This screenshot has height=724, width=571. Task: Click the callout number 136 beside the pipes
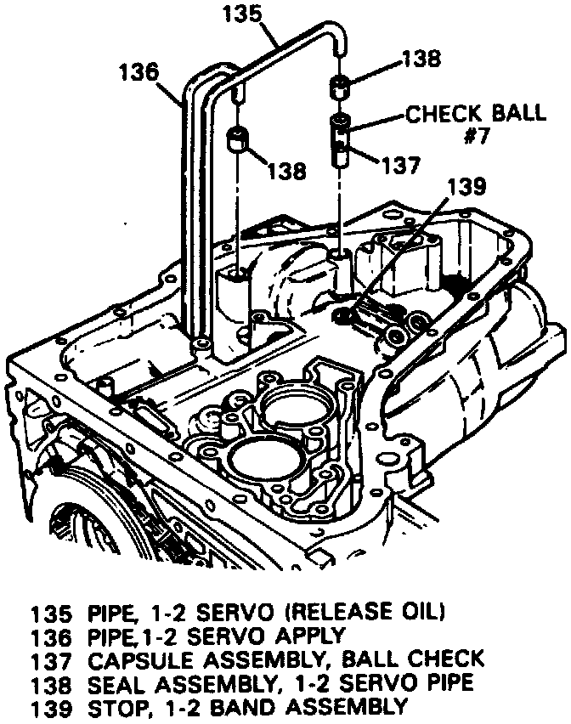tap(139, 71)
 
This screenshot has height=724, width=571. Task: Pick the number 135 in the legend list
tap(49, 612)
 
